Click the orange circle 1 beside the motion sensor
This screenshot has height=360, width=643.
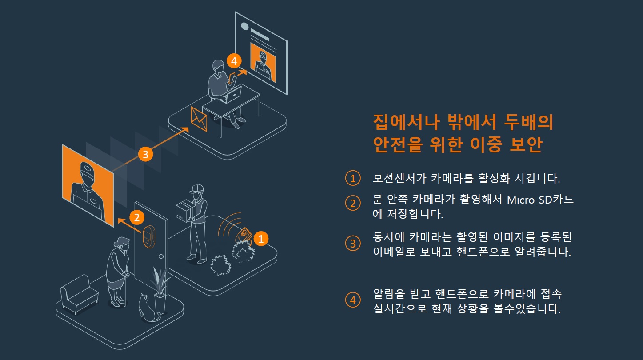point(261,239)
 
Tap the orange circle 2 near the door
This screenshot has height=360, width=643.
point(137,217)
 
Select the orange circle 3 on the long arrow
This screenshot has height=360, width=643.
point(145,154)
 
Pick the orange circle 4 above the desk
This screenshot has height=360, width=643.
point(233,60)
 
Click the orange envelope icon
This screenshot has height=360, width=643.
point(199,118)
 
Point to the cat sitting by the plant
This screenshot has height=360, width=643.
point(147,307)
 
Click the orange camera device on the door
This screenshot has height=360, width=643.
point(148,236)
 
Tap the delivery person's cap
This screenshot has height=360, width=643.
point(195,189)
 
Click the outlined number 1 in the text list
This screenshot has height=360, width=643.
point(353,179)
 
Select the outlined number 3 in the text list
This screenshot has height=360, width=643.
point(353,244)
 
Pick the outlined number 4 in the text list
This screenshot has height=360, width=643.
point(353,300)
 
